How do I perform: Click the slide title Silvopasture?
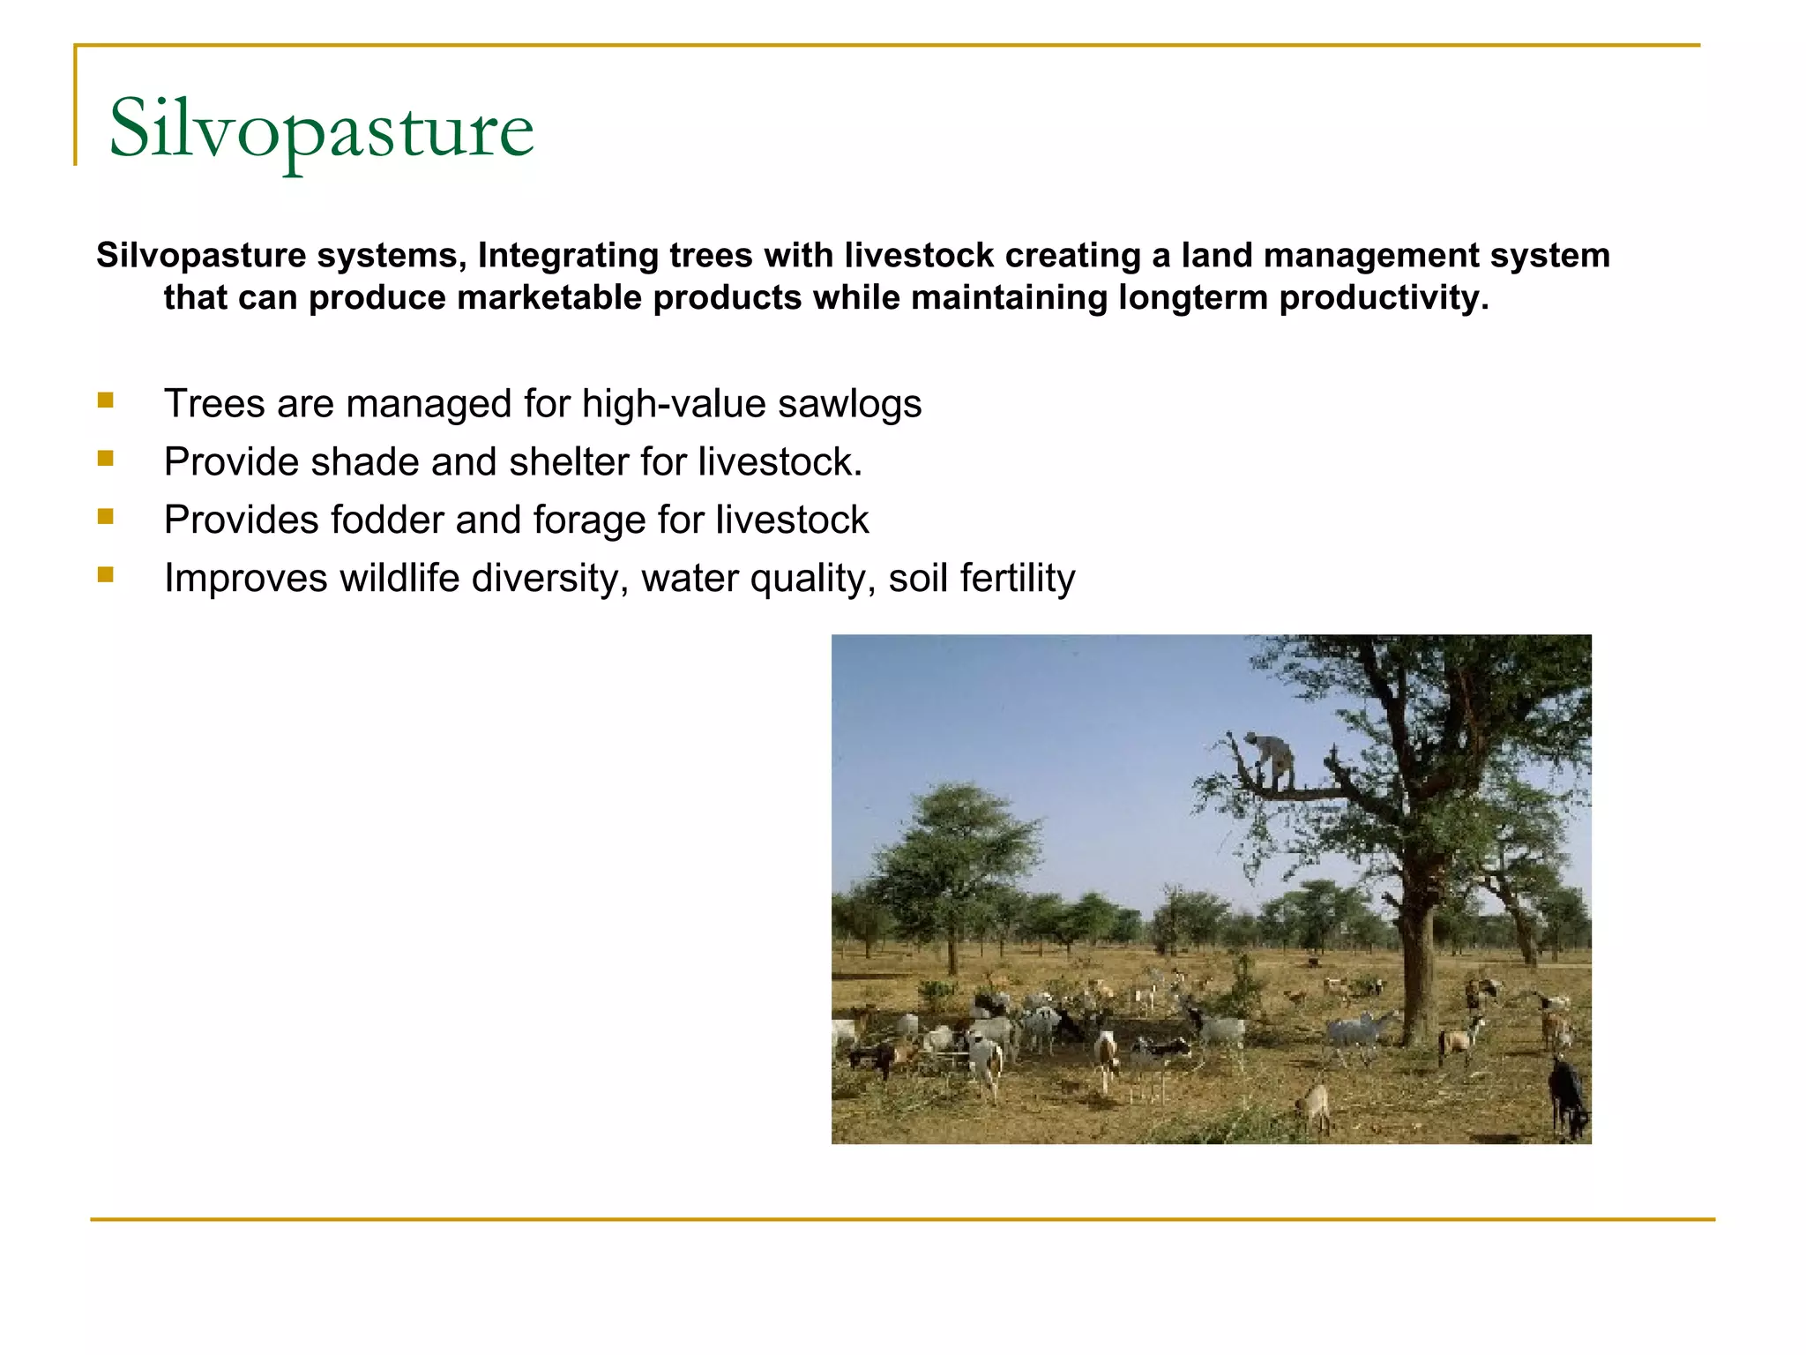pos(321,131)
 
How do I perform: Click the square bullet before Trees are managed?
pos(106,401)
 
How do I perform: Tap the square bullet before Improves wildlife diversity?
pos(106,576)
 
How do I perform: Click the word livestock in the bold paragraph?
pos(919,256)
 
